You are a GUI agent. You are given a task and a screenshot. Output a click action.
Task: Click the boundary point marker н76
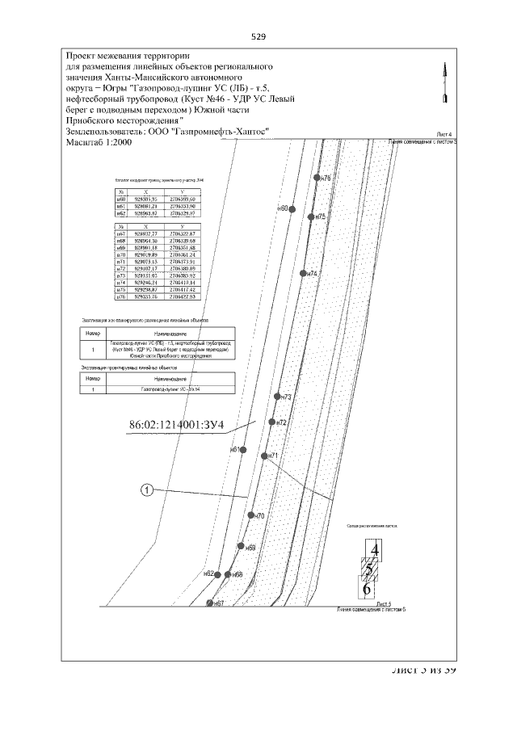pos(317,177)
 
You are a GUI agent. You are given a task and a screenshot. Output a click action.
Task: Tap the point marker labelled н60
pos(292,208)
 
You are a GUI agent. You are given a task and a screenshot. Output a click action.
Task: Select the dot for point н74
pos(304,274)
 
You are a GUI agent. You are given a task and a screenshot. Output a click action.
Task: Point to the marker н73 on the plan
pos(277,397)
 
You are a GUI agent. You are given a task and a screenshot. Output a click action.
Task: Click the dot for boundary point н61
pos(244,449)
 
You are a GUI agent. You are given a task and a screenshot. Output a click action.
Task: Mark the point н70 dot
pos(250,515)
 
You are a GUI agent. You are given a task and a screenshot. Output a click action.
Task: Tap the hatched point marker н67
pos(210,603)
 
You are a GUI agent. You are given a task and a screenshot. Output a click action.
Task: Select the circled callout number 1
pos(146,489)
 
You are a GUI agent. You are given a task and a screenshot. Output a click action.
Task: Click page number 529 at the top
pos(258,36)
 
